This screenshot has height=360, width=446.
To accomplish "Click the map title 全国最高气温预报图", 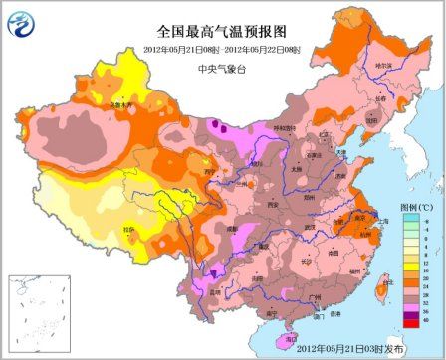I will (x=222, y=33).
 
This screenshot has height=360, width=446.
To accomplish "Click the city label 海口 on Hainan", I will (x=291, y=338).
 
